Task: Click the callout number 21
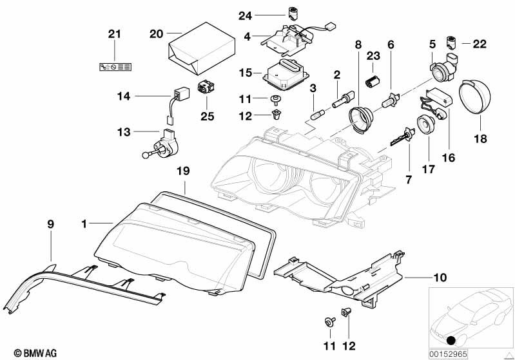[114, 34]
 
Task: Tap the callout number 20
[156, 33]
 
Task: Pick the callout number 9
[51, 224]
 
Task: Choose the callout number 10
[440, 278]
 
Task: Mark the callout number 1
[84, 223]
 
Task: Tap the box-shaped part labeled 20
[196, 47]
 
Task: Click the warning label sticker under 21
[114, 66]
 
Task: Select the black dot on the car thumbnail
[451, 341]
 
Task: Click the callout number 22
[480, 44]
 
